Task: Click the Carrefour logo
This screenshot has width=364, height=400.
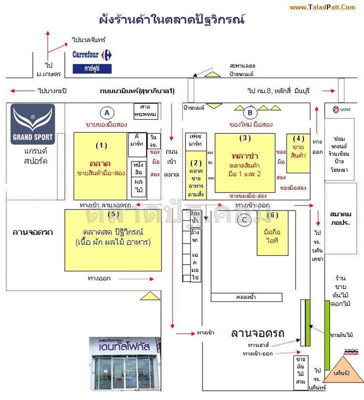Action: pyautogui.click(x=92, y=54)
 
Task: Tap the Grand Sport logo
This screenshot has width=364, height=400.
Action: pyautogui.click(x=33, y=124)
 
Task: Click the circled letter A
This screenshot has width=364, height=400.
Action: pyautogui.click(x=106, y=112)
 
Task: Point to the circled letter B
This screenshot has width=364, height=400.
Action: pyautogui.click(x=250, y=112)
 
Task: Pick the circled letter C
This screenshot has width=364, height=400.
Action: pyautogui.click(x=244, y=220)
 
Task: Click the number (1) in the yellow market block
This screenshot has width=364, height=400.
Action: pyautogui.click(x=102, y=145)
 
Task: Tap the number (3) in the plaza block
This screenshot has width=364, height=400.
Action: pyautogui.click(x=245, y=138)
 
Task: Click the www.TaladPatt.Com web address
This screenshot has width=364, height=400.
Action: pyautogui.click(x=322, y=7)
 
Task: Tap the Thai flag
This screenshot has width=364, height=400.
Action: pyautogui.click(x=351, y=352)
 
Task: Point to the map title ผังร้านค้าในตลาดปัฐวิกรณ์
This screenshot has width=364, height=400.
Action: pyautogui.click(x=172, y=20)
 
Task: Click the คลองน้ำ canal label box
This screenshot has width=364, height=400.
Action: pyautogui.click(x=245, y=297)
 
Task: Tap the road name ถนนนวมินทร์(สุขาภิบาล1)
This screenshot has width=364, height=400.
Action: pyautogui.click(x=137, y=91)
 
